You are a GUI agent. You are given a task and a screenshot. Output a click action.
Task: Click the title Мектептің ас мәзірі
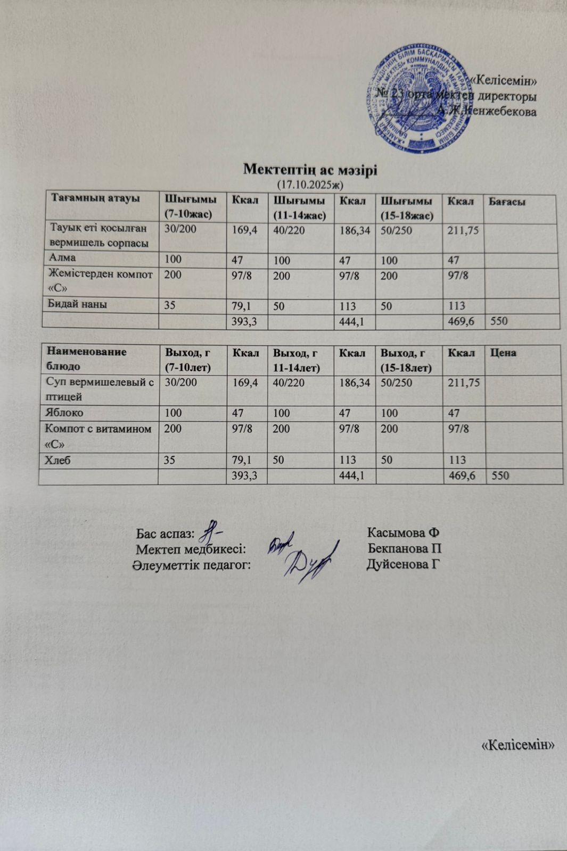(x=310, y=170)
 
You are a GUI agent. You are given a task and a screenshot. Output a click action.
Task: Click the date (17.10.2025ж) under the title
(x=310, y=185)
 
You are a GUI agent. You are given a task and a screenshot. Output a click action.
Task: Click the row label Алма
(x=63, y=257)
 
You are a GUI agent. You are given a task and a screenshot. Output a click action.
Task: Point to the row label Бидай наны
(x=78, y=304)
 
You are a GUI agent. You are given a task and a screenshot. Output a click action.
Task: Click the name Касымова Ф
(x=402, y=533)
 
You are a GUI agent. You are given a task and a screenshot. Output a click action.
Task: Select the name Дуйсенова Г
(x=405, y=564)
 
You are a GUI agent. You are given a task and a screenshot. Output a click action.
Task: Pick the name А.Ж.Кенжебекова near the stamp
(x=487, y=111)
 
